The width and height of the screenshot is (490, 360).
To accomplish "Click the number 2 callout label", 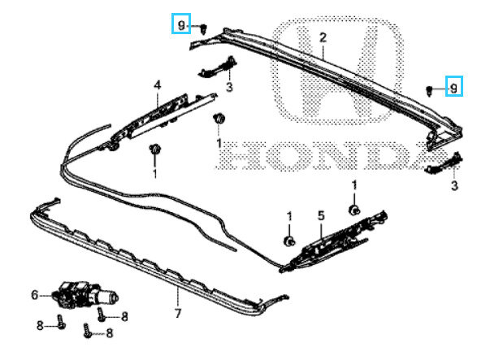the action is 323,38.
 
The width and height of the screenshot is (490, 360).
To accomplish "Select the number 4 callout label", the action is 157,85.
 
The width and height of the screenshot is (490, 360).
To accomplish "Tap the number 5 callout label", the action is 321,216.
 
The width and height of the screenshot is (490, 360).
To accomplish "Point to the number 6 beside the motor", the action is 35,295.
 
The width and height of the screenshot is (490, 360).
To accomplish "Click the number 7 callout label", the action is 178,313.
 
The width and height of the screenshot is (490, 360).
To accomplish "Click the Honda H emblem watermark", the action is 337,70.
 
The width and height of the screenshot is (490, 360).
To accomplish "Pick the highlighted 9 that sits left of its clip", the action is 181,24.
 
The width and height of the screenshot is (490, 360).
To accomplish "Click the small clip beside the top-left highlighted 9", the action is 204,28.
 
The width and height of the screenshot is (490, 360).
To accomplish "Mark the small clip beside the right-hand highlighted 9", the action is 429,91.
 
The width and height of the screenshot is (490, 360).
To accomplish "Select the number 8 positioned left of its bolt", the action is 40,326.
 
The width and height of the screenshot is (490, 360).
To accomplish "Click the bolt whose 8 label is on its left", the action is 61,322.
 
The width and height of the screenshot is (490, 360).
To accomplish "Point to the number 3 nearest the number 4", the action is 229,87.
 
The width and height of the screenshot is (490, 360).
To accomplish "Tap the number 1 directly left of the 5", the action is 289,216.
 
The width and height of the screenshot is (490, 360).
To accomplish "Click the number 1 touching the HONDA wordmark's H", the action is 219,144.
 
